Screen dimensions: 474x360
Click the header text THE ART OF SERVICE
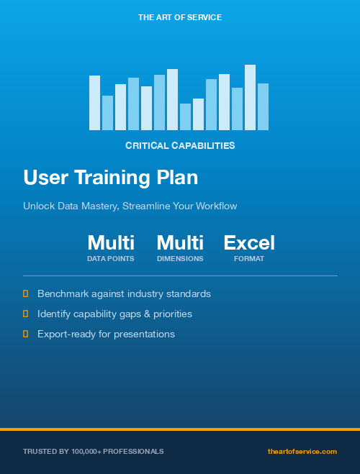pyautogui.click(x=180, y=17)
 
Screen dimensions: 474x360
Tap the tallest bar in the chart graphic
pyautogui.click(x=250, y=97)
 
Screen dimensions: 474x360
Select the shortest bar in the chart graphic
pyautogui.click(x=185, y=117)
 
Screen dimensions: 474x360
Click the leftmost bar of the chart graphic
pyautogui.click(x=94, y=103)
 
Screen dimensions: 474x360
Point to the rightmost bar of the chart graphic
pyautogui.click(x=263, y=106)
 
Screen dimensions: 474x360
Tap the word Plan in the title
pyautogui.click(x=178, y=178)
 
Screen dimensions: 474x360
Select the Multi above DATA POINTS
pyautogui.click(x=111, y=243)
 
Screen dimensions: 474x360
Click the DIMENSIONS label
pyautogui.click(x=180, y=259)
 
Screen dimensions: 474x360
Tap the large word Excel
pyautogui.click(x=249, y=243)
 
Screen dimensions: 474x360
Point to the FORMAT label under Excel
pyautogui.click(x=249, y=259)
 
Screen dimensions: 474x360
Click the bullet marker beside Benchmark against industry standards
pyautogui.click(x=26, y=293)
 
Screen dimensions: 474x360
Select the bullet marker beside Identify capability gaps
pyautogui.click(x=26, y=314)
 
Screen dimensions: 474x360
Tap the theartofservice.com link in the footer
pyautogui.click(x=302, y=451)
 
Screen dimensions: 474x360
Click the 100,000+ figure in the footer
pyautogui.click(x=86, y=451)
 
